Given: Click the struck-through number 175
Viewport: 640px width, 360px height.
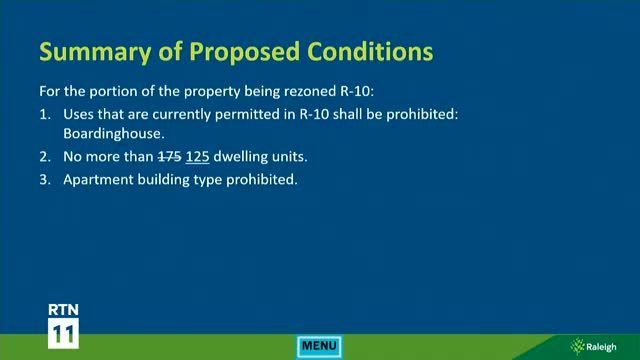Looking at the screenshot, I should pyautogui.click(x=172, y=157).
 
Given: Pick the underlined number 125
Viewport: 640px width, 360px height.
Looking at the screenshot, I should pyautogui.click(x=198, y=157).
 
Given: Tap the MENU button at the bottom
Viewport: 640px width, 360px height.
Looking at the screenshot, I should pyautogui.click(x=320, y=346).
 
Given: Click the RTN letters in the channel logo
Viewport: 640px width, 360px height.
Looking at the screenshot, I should pyautogui.click(x=64, y=309).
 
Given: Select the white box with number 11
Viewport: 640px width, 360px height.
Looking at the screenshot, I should pyautogui.click(x=64, y=333).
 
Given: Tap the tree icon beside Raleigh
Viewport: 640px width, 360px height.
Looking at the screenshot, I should pyautogui.click(x=578, y=346).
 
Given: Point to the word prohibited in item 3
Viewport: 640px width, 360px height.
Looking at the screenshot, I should pyautogui.click(x=264, y=181).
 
